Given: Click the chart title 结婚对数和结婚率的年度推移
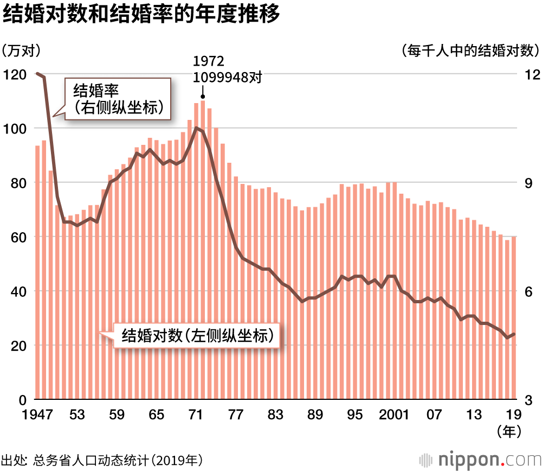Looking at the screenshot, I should tap(141, 15).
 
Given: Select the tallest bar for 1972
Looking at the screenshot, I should tap(203, 250).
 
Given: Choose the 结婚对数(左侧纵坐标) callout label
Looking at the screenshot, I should tap(196, 335).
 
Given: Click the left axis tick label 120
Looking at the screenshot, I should tap(15, 74).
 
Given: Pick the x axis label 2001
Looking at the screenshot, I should tap(394, 415).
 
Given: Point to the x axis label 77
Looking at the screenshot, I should tap(236, 415).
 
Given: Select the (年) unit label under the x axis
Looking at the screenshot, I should tap(509, 431).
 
